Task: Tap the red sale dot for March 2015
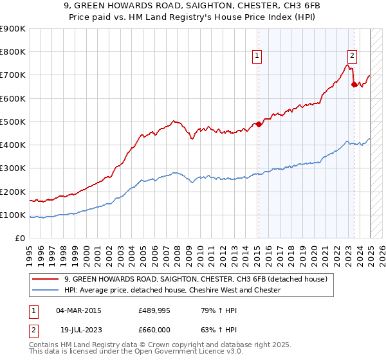[259, 124]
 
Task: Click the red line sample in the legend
[46, 279]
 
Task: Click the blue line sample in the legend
[46, 290]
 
